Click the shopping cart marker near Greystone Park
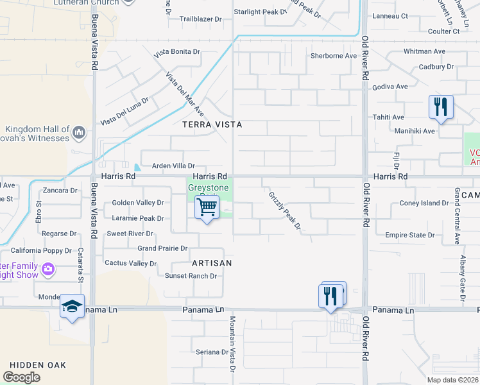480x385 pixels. pos(207,209)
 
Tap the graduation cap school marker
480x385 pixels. pos(72,306)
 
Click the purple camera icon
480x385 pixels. pos(48,270)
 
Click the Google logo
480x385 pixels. pos(21,377)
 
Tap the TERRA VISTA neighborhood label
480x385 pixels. pos(212,124)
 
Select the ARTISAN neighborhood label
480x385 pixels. pos(212,263)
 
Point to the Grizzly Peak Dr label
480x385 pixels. pos(284,210)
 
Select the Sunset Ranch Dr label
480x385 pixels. pos(191,276)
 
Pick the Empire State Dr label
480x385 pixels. pos(409,235)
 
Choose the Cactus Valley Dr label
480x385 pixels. pos(131,263)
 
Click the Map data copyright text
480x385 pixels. pos(452,380)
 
